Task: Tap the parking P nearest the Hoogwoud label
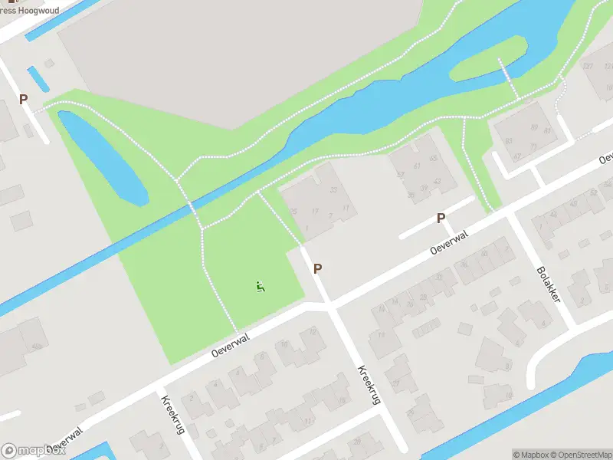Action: click(x=23, y=100)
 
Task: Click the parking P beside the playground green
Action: click(x=317, y=268)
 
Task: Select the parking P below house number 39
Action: click(x=441, y=219)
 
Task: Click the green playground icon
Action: click(x=261, y=287)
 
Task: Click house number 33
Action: click(x=333, y=190)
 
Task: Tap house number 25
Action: click(x=293, y=212)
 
